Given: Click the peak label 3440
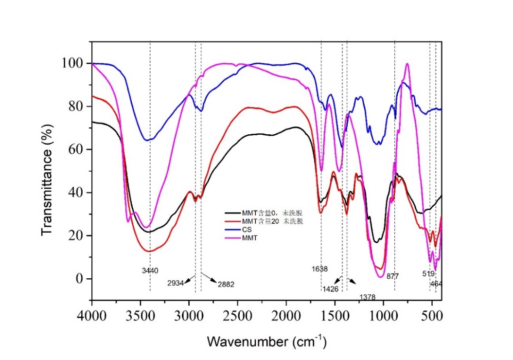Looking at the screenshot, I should [x=150, y=270].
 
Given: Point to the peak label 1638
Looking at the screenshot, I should [x=319, y=269].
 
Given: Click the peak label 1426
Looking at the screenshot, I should [x=331, y=289].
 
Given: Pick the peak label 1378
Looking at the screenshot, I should [x=368, y=297].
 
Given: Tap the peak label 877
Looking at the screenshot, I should [x=392, y=276].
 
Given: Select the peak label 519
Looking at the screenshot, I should [x=428, y=273].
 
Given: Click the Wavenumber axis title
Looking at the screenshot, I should [x=267, y=341].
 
